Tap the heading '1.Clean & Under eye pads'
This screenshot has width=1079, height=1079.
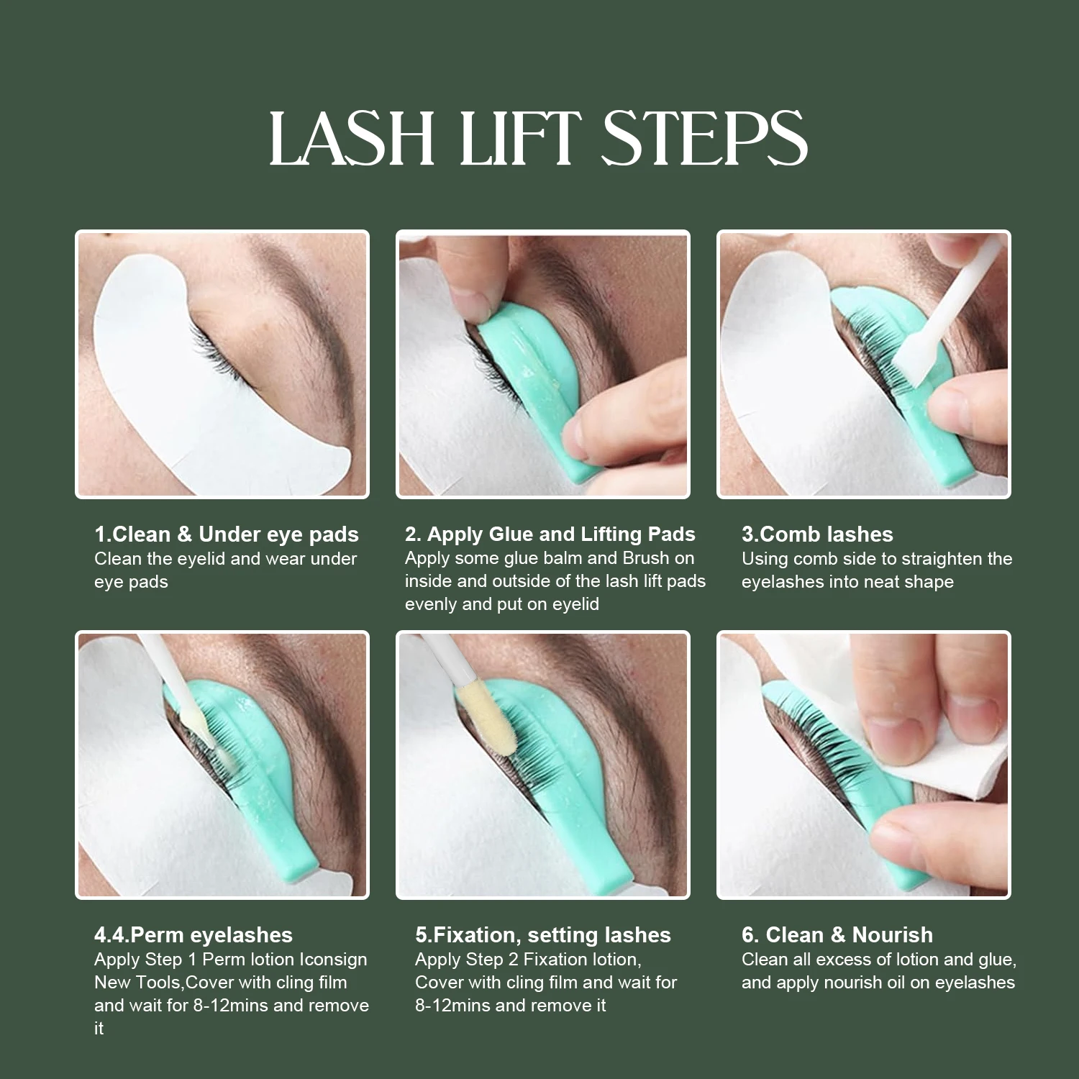[x=227, y=534]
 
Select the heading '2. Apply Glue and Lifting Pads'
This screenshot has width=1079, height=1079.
[x=550, y=534]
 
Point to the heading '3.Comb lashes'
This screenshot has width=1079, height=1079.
[x=817, y=534]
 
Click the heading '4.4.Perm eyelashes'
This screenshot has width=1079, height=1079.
[x=194, y=935]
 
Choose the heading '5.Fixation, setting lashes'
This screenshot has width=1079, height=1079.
[x=543, y=935]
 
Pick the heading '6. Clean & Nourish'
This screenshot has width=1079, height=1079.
[x=837, y=935]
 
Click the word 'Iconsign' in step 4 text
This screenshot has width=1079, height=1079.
[x=333, y=960]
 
